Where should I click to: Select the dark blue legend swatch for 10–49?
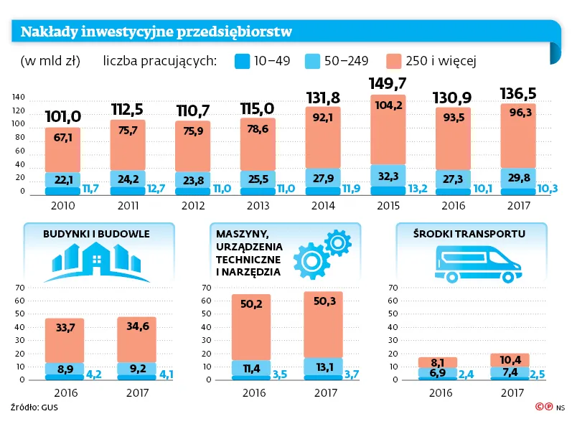coord(241,61)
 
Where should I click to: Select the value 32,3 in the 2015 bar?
coord(388,174)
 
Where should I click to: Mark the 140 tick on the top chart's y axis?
coord(19,98)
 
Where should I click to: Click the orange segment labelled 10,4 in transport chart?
coord(511,359)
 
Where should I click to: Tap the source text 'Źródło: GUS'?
coord(34,407)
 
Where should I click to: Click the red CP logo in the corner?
coord(543,407)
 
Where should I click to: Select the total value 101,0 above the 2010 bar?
coord(62,116)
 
